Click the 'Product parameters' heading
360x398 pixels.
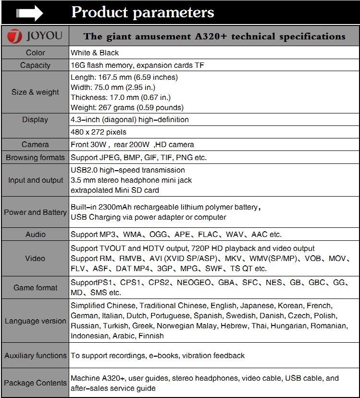tap(143, 12)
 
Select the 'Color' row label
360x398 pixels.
tap(35, 53)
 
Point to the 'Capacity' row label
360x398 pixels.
tap(35, 65)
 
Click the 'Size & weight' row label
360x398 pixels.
tap(35, 92)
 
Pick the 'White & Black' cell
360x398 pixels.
tap(95, 53)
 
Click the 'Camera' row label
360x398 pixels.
tap(35, 145)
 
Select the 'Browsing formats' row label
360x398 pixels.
tap(35, 158)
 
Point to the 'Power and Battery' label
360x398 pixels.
tap(35, 212)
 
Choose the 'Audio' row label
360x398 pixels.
tap(35, 235)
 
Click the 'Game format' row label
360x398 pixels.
tap(35, 288)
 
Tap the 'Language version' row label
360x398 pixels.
tap(35, 321)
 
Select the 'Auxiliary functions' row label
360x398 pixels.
tap(35, 356)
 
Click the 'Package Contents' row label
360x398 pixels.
tap(35, 384)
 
